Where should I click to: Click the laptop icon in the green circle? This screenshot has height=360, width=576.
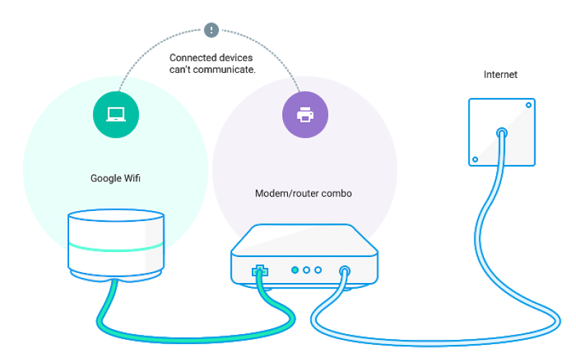coord(116,114)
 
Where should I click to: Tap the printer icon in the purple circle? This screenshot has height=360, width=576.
coord(305,114)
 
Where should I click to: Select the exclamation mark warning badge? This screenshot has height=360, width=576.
coord(211,30)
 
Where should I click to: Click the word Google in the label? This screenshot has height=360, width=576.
coord(105,178)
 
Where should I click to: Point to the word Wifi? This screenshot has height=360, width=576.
coord(131,178)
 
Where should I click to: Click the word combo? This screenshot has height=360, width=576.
coord(337,194)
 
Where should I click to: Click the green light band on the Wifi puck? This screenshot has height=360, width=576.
coord(116,247)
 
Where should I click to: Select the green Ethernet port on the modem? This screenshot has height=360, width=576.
coord(258,271)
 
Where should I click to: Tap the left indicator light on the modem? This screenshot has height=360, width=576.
coord(294,270)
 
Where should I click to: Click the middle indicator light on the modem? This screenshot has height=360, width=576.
coord(306,270)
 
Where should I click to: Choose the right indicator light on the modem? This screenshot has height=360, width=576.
coord(318,270)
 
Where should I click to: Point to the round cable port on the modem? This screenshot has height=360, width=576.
coord(344,271)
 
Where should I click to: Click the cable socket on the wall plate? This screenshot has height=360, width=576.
coord(502,132)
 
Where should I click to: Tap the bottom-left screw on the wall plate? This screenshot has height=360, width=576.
coord(474,159)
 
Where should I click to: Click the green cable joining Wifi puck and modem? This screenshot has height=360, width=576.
coord(194,334)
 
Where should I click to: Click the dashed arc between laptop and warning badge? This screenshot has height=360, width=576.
coord(151,50)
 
